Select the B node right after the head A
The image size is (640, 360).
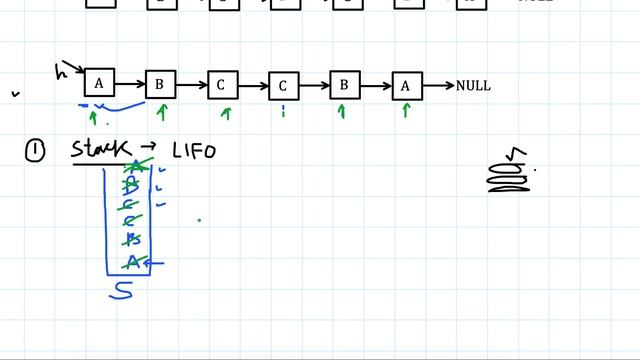click(x=160, y=85)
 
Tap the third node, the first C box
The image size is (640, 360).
click(x=222, y=85)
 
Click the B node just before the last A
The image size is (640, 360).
click(x=344, y=85)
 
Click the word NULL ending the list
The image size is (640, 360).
click(x=473, y=86)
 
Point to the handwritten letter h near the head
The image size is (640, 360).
click(x=61, y=71)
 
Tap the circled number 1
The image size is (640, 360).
click(x=35, y=150)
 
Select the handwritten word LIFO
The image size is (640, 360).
click(x=193, y=151)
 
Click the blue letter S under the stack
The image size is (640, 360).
click(x=121, y=290)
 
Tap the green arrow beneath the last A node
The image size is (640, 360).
click(x=406, y=111)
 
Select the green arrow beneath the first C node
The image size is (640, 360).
click(x=225, y=113)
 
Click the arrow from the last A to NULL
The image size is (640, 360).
click(x=437, y=86)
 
